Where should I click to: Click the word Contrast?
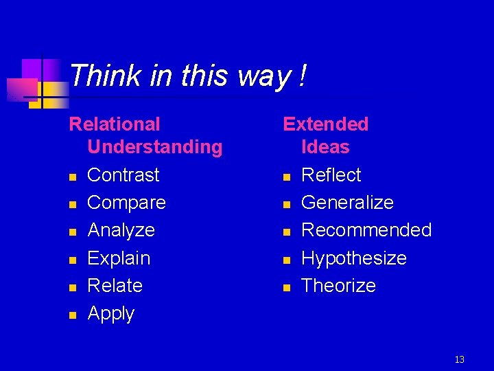(123, 175)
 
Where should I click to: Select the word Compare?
(127, 203)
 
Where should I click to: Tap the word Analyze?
(121, 230)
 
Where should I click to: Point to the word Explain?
(119, 258)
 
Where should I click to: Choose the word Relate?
(115, 286)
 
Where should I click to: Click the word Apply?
(111, 314)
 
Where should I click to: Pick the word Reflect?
(331, 175)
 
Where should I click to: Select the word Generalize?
(347, 203)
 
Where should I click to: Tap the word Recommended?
(366, 230)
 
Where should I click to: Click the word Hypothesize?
(354, 258)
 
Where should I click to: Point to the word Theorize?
(339, 286)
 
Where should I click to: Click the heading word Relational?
(115, 124)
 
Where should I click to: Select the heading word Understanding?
(155, 147)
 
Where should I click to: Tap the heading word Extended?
(326, 124)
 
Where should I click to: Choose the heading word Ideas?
(325, 147)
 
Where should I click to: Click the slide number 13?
(460, 359)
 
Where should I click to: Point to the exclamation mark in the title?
(302, 76)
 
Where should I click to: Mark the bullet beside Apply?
(72, 315)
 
